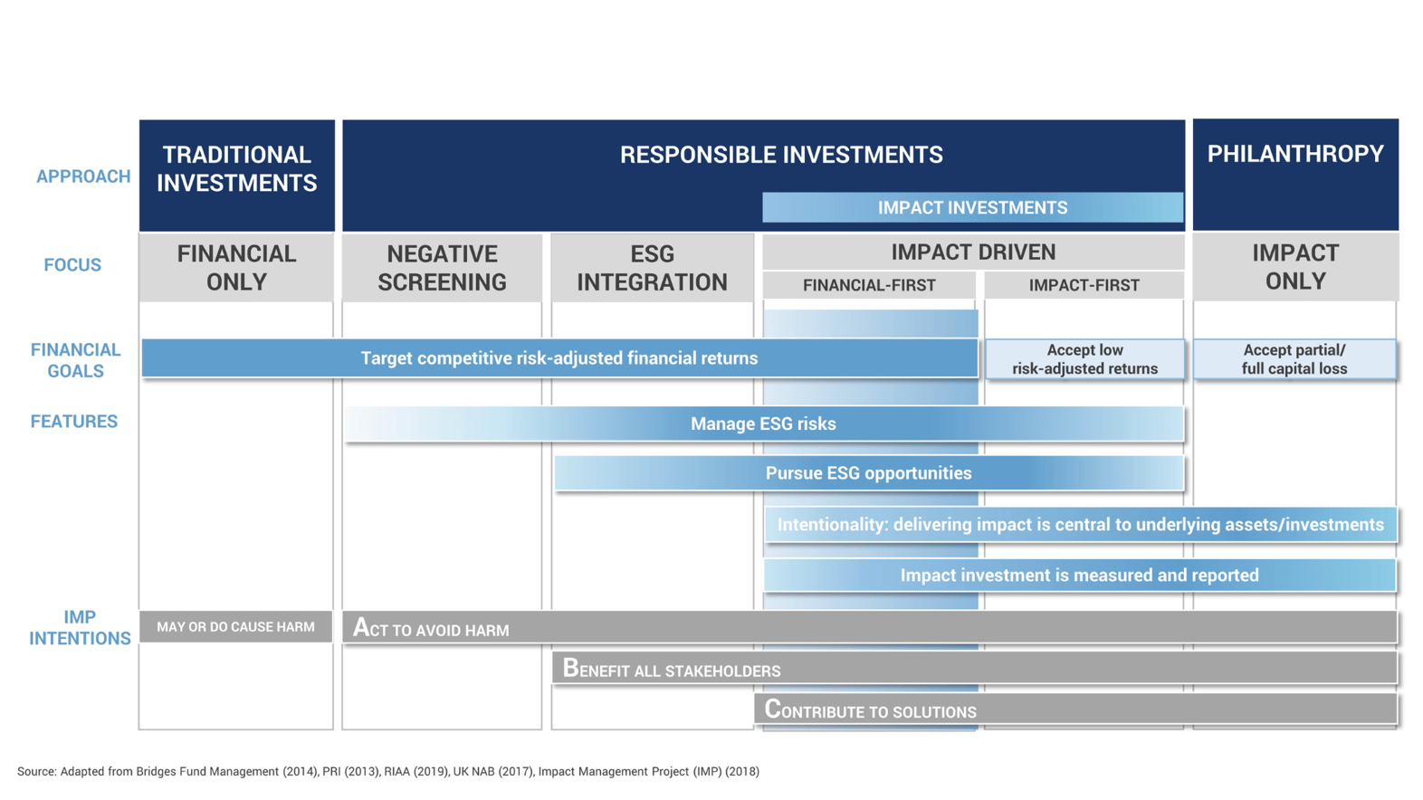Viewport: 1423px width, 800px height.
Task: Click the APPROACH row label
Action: [x=83, y=176]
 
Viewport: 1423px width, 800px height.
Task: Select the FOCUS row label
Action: [x=72, y=265]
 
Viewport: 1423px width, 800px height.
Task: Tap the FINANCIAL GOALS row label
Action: [x=75, y=360]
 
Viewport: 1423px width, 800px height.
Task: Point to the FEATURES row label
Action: [x=74, y=422]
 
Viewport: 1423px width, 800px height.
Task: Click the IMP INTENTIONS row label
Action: [x=80, y=627]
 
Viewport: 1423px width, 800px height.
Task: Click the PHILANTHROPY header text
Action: [x=1294, y=154]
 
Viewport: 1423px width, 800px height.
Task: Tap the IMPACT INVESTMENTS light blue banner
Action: [x=972, y=207]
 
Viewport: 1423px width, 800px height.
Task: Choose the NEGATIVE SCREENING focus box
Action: [x=442, y=268]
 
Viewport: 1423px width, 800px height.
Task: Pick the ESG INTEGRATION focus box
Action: [x=652, y=268]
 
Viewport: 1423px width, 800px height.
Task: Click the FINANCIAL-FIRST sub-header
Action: [x=869, y=285]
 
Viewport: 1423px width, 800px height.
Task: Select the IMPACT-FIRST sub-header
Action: [x=1084, y=285]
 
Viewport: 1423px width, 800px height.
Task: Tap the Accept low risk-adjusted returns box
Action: [x=1084, y=359]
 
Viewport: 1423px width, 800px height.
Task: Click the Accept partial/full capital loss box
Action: [x=1294, y=359]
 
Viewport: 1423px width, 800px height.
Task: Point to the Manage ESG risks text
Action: [x=763, y=424]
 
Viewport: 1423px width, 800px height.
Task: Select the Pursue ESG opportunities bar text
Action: [x=868, y=473]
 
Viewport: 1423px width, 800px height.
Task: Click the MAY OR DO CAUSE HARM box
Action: [x=235, y=626]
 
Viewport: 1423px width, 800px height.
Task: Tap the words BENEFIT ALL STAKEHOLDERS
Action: [x=672, y=670]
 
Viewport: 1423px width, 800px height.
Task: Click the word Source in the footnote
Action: [x=36, y=772]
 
